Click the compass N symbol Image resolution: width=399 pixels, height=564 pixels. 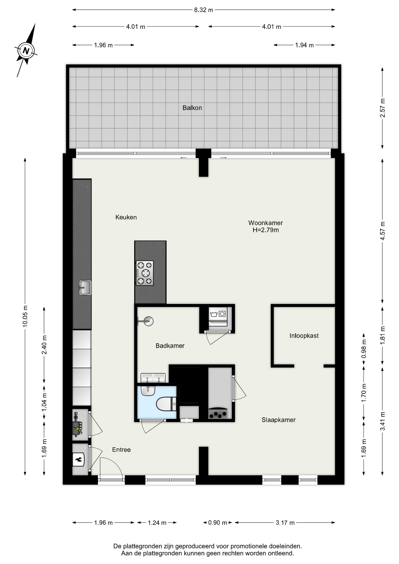point(26,50)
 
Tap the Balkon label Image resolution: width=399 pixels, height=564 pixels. point(192,108)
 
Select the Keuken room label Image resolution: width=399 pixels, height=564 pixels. point(126,217)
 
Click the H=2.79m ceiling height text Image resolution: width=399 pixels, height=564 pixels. point(266,230)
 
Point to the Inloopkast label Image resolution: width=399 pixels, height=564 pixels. point(304,336)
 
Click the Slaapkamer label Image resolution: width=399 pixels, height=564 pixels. point(279,420)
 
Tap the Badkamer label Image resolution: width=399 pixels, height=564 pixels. point(170,346)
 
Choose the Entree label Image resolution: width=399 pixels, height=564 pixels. point(121,450)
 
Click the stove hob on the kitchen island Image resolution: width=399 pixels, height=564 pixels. point(145,273)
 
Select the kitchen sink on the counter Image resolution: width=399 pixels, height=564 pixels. point(85,288)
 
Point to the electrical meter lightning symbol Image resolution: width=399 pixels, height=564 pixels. point(77,429)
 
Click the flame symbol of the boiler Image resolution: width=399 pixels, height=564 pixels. point(79,460)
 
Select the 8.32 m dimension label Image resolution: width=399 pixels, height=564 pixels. point(203,10)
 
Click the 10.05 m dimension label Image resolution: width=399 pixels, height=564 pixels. point(25,316)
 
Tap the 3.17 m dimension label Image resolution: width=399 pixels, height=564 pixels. point(285,523)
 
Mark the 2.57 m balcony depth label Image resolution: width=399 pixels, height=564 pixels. point(383,108)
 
